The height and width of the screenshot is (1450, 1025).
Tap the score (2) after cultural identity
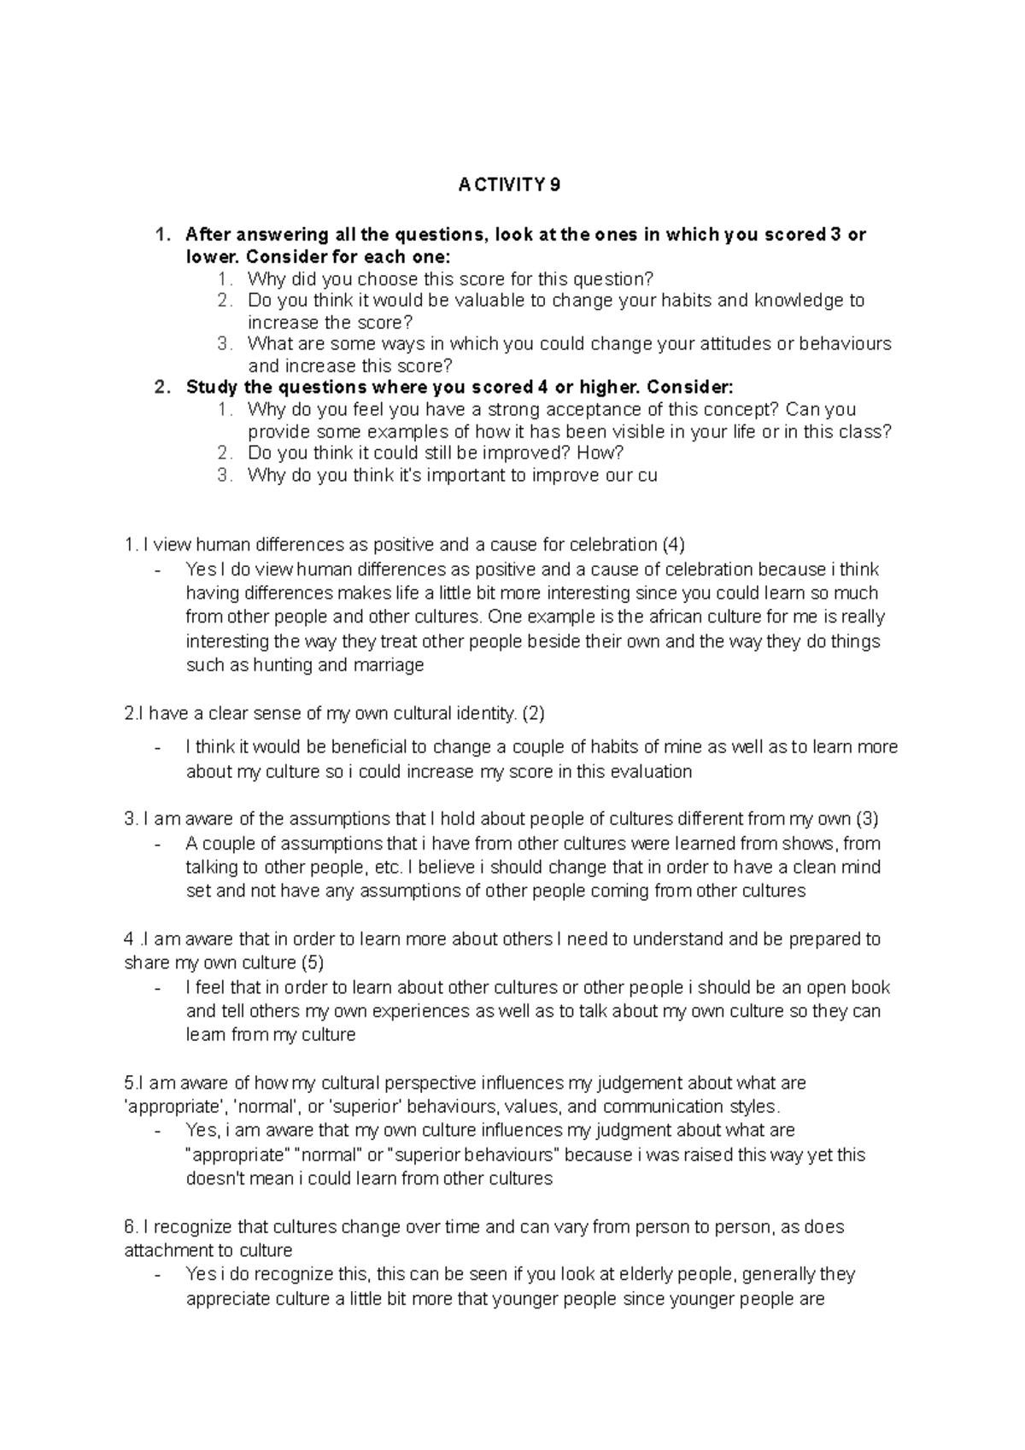point(533,713)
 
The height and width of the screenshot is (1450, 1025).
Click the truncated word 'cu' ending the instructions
point(647,475)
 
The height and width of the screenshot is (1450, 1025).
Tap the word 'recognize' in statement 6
point(194,1227)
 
